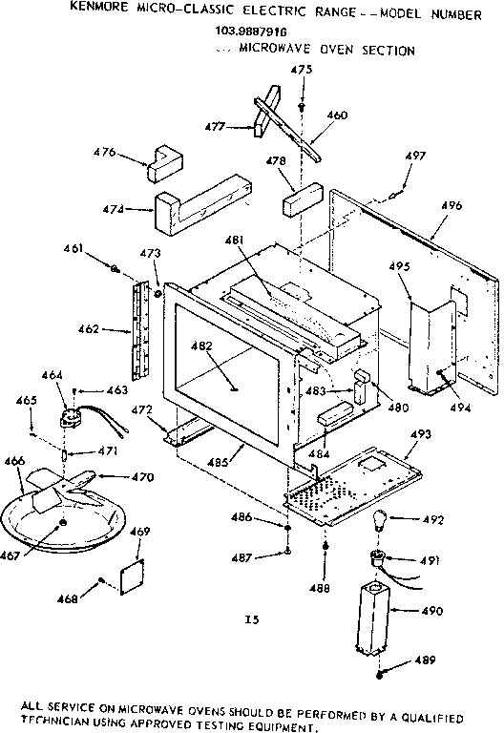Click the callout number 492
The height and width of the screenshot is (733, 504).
(434, 521)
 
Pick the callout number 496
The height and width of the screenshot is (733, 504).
(451, 205)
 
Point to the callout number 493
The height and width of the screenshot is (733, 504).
(421, 433)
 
